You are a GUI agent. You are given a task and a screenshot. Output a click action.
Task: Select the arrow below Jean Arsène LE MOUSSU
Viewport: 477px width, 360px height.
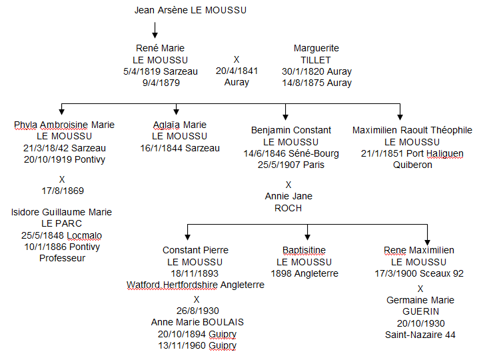[x=155, y=30]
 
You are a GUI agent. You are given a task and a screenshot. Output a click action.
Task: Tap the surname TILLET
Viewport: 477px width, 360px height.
[x=316, y=60]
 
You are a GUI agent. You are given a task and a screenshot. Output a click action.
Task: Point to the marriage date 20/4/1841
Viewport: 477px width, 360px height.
[x=237, y=71]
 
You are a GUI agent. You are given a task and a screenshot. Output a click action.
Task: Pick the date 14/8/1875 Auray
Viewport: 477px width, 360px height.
[x=316, y=83]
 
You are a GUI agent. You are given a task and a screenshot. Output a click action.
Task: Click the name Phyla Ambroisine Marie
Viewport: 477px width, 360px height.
[x=64, y=125]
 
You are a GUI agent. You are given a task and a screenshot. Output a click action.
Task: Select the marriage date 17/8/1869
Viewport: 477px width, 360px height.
[x=62, y=191]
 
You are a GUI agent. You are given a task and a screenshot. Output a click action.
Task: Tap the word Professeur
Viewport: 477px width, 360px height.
[x=62, y=258]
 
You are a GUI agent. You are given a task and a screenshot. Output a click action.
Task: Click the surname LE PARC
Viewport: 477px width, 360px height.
[x=62, y=224]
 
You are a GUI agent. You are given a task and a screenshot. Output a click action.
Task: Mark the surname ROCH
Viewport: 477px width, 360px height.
[x=288, y=208]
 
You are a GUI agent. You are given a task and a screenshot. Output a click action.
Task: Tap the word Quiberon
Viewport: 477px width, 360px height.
[x=412, y=165]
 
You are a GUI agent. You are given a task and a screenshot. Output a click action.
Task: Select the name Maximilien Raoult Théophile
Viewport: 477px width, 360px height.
[x=412, y=130]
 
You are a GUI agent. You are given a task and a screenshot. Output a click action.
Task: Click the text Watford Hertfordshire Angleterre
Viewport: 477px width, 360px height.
[x=195, y=285]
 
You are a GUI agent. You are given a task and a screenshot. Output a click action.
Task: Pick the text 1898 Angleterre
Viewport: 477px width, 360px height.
[x=304, y=273]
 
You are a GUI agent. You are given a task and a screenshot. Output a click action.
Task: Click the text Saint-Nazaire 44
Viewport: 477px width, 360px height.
[x=420, y=335]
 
